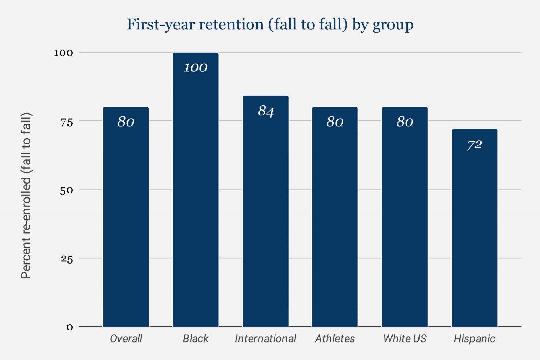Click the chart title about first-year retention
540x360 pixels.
point(270,25)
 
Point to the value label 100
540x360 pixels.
point(196,67)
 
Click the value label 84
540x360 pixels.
point(266,111)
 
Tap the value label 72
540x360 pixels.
point(475,145)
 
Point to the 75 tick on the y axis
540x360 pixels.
point(66,122)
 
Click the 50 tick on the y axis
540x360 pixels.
point(66,191)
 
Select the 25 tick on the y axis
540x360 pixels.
point(66,259)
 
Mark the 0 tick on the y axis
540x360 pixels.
point(70,327)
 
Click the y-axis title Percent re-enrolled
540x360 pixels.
point(26,196)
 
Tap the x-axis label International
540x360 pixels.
point(266,338)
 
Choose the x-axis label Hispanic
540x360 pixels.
point(475,338)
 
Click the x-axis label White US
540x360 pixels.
point(405,338)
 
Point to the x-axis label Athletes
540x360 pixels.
point(335,338)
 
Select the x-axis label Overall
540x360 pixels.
point(126,338)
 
